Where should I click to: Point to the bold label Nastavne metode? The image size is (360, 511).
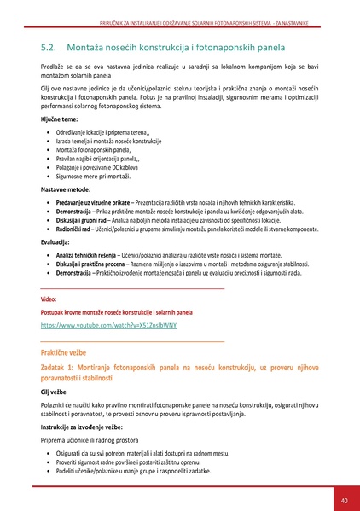click(x=67, y=189)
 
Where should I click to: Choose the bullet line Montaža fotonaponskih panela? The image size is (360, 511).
click(x=98, y=149)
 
